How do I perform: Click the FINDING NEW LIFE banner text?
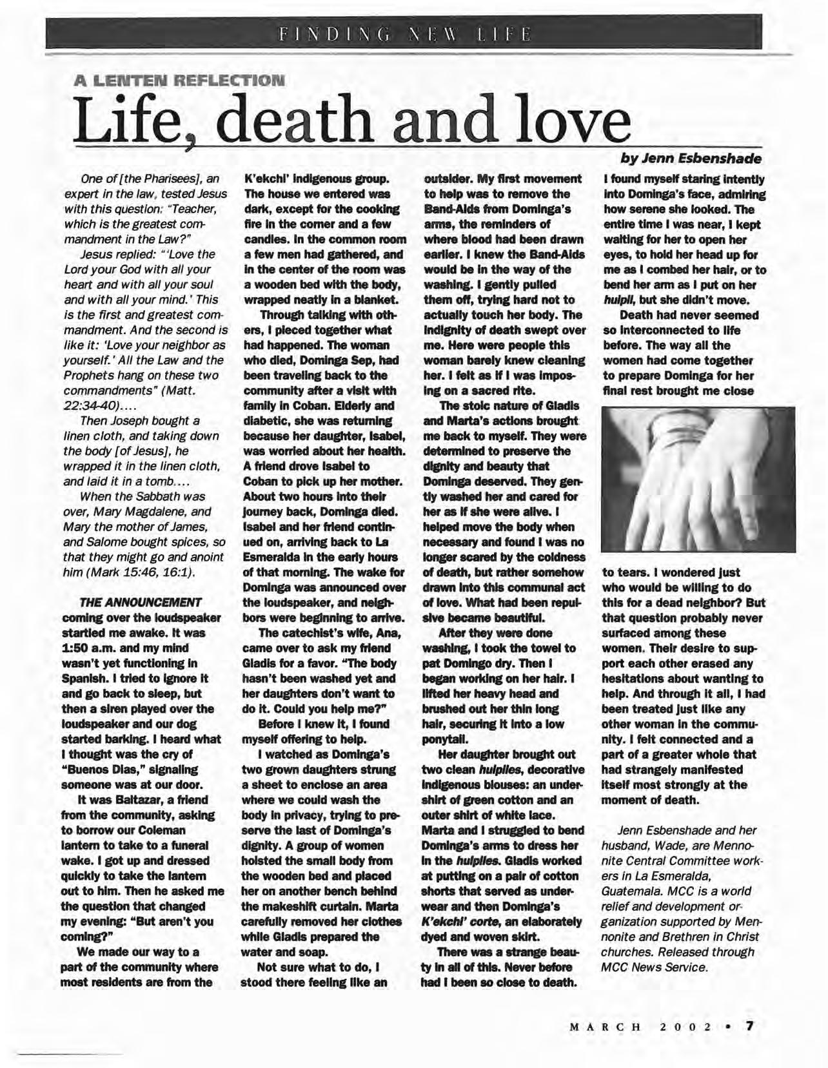[x=404, y=32]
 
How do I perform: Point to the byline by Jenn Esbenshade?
[x=691, y=158]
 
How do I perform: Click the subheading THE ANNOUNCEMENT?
[x=140, y=602]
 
